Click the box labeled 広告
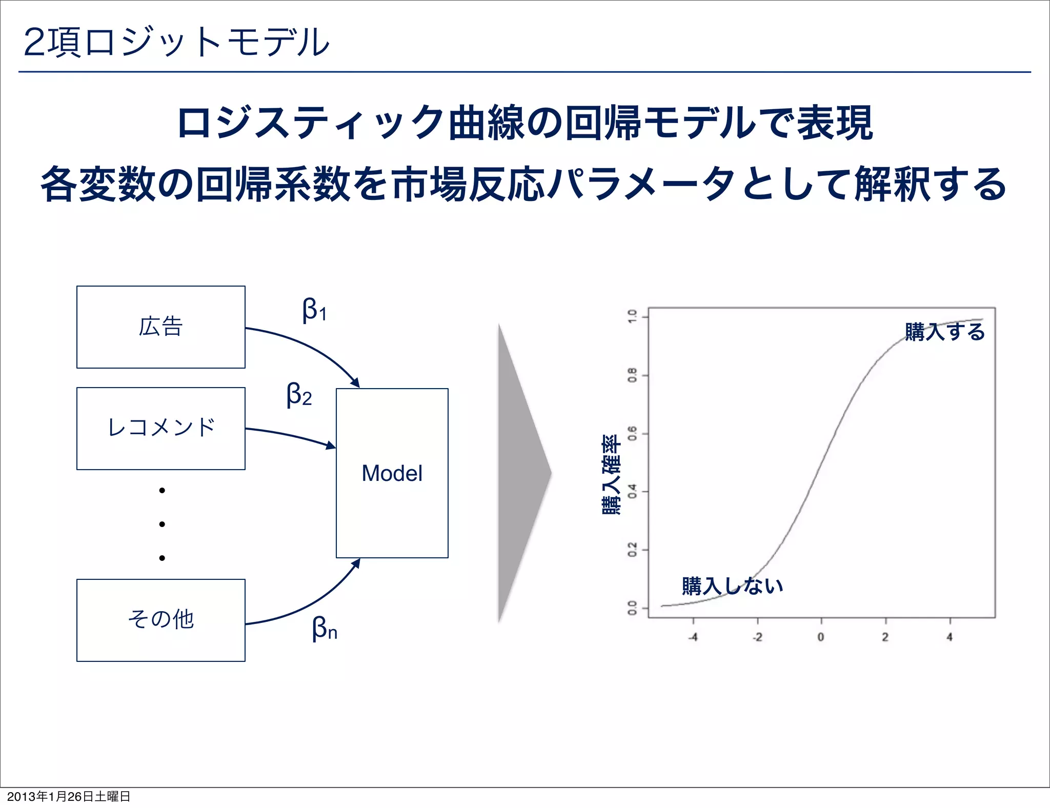tap(160, 327)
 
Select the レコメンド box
tap(160, 429)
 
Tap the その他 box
tap(160, 620)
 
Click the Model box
tap(392, 473)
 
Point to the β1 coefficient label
tap(314, 310)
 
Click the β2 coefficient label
tap(299, 395)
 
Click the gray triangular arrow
tap(520, 473)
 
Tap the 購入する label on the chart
tap(944, 332)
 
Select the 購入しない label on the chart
tap(732, 585)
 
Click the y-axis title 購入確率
tap(611, 474)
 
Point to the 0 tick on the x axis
tap(821, 637)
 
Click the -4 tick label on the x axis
tap(693, 637)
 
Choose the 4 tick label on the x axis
tap(950, 637)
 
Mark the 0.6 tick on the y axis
tap(633, 433)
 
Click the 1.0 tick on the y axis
tap(633, 316)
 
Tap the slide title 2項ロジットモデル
tap(176, 42)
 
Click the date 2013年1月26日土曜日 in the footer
tap(69, 796)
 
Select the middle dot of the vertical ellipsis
tap(162, 524)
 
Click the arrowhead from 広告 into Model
tap(355, 383)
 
